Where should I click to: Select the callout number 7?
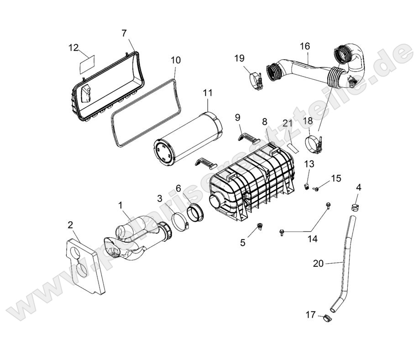124,33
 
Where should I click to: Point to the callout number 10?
176,60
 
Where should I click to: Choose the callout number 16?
305,46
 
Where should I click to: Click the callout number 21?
287,123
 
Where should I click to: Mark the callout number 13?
309,164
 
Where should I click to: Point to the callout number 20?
319,263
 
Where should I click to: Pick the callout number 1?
121,206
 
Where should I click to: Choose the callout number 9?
238,117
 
